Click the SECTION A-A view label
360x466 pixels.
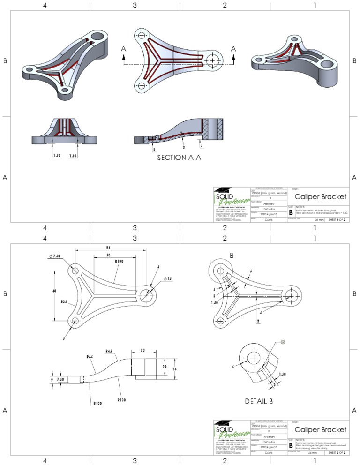[x=179, y=158]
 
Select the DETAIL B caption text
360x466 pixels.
[x=259, y=401]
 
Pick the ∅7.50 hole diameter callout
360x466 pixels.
[x=54, y=256]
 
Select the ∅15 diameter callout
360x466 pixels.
[x=167, y=279]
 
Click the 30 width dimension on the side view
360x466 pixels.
[x=142, y=350]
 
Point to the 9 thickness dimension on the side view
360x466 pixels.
[x=51, y=379]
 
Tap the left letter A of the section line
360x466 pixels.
[x=123, y=48]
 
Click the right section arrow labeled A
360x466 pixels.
[x=233, y=49]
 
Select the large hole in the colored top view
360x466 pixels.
[x=214, y=61]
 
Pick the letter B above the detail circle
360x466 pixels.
[x=231, y=256]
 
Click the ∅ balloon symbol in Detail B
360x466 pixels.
[x=282, y=342]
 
